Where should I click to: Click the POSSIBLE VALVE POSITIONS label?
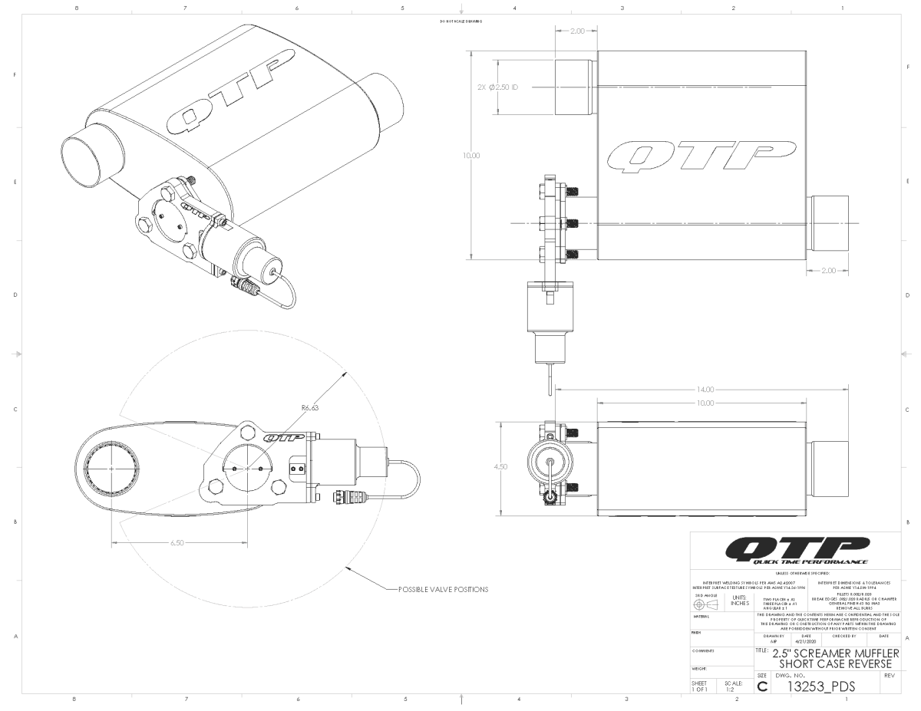click(443, 590)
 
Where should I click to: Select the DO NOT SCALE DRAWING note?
click(460, 21)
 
